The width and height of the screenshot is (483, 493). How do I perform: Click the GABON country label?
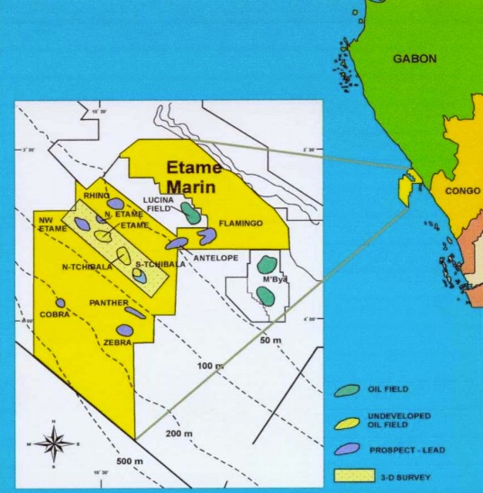click(x=415, y=59)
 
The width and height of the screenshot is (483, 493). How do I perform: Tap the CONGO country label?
click(x=461, y=190)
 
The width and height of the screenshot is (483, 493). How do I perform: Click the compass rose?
click(x=54, y=443)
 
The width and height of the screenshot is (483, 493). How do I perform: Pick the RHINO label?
click(x=96, y=195)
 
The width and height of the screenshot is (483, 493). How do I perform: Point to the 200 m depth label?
click(x=180, y=434)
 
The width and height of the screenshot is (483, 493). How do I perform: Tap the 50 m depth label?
click(x=272, y=341)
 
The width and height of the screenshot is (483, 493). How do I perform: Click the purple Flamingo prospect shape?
click(x=208, y=235)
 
